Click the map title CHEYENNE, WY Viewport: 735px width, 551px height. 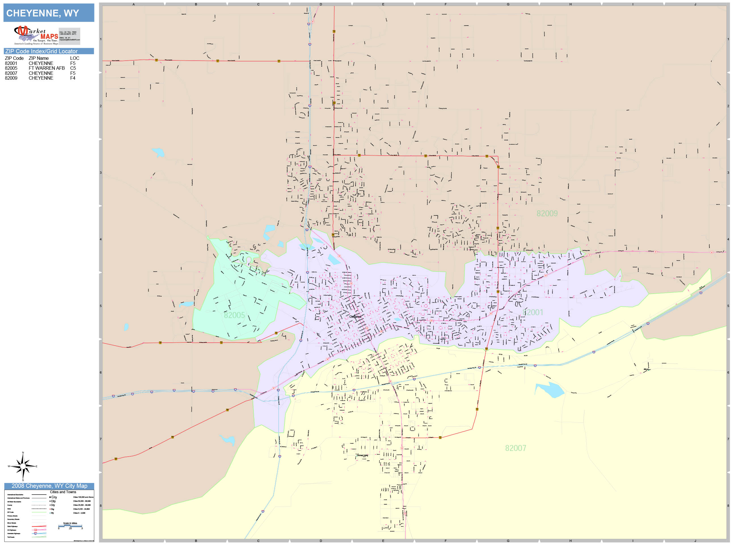[x=43, y=13]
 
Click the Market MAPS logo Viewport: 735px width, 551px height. [x=36, y=35]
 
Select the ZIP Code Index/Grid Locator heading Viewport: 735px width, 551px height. [x=41, y=51]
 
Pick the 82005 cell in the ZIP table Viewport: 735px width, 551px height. [x=11, y=68]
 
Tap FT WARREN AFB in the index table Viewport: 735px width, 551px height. [x=47, y=68]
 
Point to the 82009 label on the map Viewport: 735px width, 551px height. [x=547, y=213]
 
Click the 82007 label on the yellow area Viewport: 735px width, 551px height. [x=515, y=448]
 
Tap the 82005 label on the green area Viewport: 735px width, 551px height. [x=234, y=315]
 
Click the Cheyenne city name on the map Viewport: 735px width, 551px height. [x=355, y=317]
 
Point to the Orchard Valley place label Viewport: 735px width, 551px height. [x=362, y=455]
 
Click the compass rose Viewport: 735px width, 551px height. [x=23, y=466]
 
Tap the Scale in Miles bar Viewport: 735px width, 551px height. [x=70, y=526]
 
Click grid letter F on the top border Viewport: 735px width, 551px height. [x=445, y=4]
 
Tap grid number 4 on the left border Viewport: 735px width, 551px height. [x=101, y=239]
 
